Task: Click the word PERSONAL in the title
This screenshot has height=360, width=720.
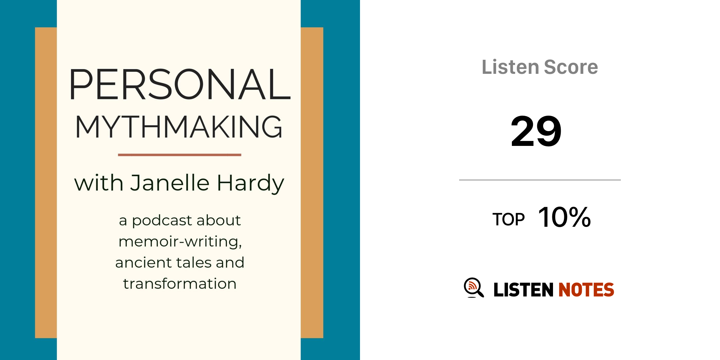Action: (x=180, y=84)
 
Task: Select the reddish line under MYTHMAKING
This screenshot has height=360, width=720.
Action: (x=180, y=155)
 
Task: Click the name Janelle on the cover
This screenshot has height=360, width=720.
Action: (x=170, y=183)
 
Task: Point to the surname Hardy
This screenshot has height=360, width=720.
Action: (x=250, y=184)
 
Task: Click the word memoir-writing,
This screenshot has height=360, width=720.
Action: (x=180, y=242)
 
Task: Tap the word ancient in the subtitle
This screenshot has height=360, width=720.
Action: (x=143, y=263)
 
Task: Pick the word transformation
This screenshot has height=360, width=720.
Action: (x=180, y=284)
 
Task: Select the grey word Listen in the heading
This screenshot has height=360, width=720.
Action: (x=510, y=67)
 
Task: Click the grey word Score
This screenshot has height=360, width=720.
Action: (x=571, y=67)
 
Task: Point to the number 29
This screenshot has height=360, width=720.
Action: (x=536, y=131)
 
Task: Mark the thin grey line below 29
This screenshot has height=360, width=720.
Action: (x=540, y=180)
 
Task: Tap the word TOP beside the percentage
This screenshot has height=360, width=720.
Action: (x=508, y=220)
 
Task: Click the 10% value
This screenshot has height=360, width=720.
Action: (x=565, y=217)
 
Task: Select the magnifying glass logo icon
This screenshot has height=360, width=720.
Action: (x=474, y=288)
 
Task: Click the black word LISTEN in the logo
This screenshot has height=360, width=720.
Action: (x=523, y=290)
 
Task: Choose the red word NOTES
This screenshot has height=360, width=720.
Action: (x=586, y=290)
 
